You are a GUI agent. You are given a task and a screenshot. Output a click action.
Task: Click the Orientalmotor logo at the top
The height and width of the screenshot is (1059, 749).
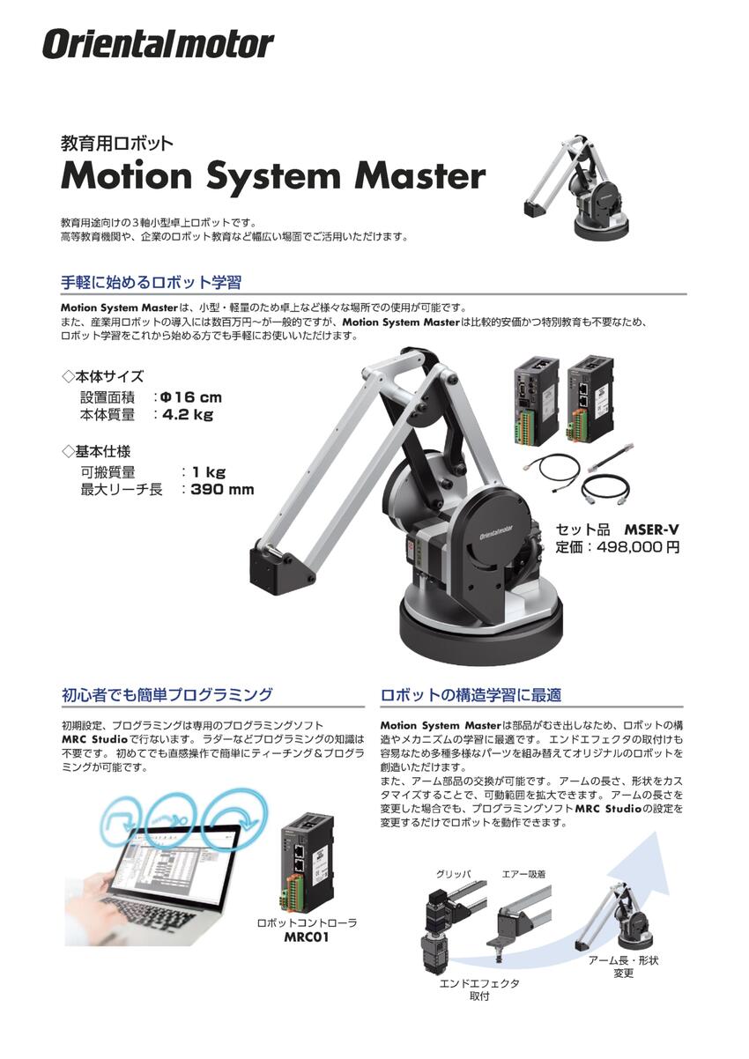pos(158,44)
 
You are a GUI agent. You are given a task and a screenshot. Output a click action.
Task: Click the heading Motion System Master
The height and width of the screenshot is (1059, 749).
pos(273,176)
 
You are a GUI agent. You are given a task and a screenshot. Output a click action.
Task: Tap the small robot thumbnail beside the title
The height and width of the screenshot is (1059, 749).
pos(577,189)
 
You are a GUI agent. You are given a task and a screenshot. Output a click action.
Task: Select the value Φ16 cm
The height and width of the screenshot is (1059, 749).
pos(191,397)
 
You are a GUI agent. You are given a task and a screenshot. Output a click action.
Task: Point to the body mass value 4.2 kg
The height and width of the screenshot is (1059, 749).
pos(188,415)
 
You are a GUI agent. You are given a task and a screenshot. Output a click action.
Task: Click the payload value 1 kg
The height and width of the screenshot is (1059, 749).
pos(209,472)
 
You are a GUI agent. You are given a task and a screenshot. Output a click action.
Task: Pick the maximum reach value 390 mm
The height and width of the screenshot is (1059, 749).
pos(222,489)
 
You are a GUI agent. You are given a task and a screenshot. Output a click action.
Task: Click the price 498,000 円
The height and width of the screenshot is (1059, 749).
pos(638,547)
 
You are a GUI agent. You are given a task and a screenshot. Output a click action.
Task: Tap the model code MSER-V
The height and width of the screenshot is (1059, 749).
pos(651,529)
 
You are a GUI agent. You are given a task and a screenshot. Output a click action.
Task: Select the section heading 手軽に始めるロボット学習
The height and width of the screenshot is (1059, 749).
pos(152,282)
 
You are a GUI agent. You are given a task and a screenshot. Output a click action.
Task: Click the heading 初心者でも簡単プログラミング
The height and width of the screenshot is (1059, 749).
pos(167,694)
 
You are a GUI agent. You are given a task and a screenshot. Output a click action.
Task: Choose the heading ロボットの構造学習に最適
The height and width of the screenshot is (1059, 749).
pos(471,695)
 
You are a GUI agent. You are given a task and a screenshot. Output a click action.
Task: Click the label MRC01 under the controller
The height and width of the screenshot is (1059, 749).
pos(306,937)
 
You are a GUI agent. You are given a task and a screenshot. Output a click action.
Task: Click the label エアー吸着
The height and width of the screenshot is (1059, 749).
pos(523,874)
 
